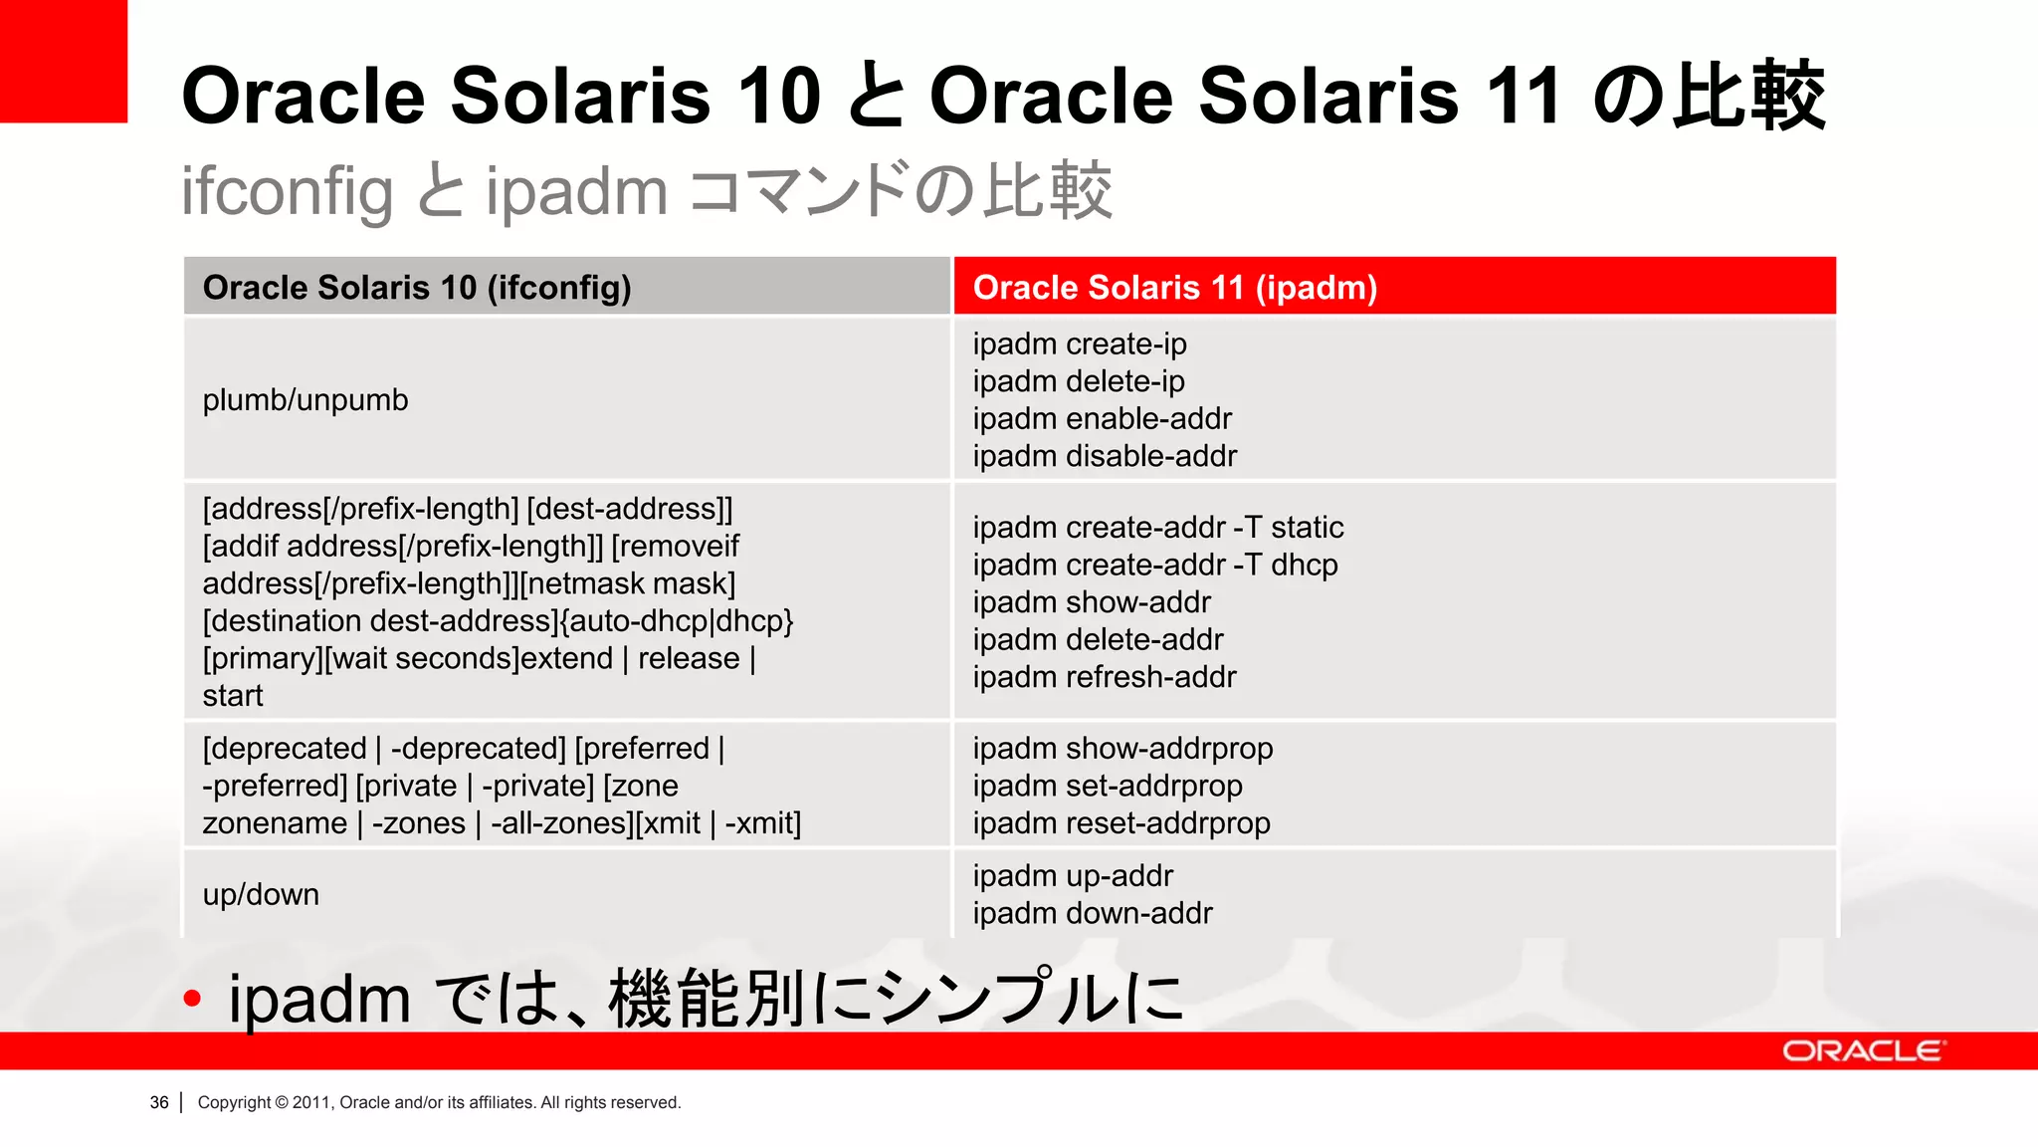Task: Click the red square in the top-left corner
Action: [63, 61]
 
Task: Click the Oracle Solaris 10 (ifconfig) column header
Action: [417, 288]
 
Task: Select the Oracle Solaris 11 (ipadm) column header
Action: [1174, 288]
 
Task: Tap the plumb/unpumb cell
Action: [306, 400]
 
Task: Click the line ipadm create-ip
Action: [1080, 344]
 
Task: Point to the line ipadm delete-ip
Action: [1079, 381]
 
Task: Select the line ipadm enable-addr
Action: [1102, 419]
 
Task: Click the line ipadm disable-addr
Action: [1105, 456]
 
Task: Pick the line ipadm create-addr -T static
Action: [1157, 528]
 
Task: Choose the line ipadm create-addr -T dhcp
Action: [1154, 565]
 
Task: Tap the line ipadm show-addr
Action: [1092, 602]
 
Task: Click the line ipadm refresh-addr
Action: [1104, 677]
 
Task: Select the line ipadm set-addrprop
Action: [1107, 787]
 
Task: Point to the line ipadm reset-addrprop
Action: [1121, 823]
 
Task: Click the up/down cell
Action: [261, 895]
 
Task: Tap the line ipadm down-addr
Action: [1092, 913]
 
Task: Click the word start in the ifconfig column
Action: [233, 696]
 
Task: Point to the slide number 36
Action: [159, 1102]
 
